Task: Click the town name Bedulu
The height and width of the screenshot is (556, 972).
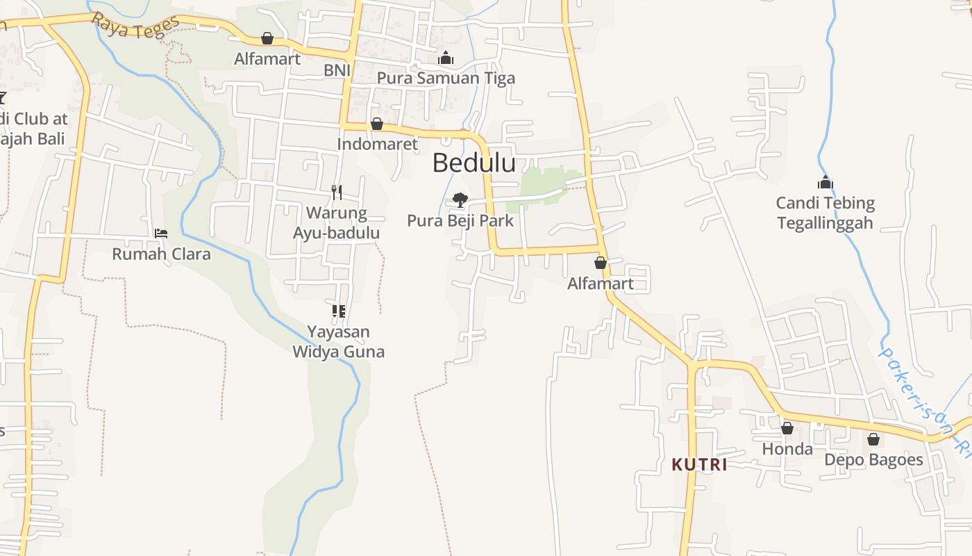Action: tap(474, 163)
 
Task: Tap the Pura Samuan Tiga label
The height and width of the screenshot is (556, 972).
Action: tap(446, 78)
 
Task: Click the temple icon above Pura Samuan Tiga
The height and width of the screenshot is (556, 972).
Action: tap(446, 58)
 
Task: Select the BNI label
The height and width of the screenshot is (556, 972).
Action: tap(337, 70)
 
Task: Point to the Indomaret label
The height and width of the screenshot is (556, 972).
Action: tap(377, 144)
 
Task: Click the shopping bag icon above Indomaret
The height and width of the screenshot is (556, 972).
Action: tap(377, 124)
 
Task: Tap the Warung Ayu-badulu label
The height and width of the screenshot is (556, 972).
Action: tap(337, 222)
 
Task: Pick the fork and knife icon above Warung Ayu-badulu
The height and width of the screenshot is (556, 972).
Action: tap(337, 192)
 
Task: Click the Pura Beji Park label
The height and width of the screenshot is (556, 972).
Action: tap(460, 221)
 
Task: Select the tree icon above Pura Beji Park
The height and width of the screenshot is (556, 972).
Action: tap(460, 200)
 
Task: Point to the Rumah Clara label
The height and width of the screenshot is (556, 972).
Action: tap(161, 254)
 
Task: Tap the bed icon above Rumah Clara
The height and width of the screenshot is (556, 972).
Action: tap(161, 234)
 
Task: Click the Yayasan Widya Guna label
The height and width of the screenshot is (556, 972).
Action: tap(338, 341)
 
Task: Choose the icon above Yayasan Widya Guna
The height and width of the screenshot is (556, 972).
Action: tap(338, 311)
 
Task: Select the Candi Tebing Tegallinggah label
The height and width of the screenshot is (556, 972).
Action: tap(825, 213)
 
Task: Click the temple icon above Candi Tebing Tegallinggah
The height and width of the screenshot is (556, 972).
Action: tap(825, 183)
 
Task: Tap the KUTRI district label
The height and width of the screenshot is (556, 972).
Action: tap(700, 465)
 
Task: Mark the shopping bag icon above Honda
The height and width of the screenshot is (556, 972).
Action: tap(787, 428)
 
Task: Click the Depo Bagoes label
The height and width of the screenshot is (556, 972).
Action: tap(873, 460)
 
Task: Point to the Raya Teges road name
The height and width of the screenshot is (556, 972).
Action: tap(135, 26)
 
